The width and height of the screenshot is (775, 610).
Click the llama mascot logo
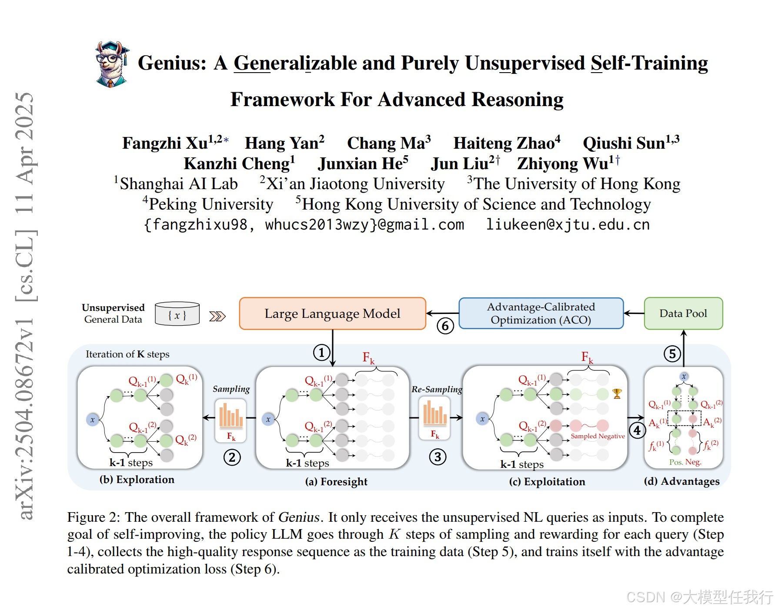[x=112, y=64]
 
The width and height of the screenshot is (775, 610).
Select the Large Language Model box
[x=332, y=313]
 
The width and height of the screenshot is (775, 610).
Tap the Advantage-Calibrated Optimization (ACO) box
[x=541, y=313]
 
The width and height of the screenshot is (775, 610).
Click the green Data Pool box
[x=683, y=313]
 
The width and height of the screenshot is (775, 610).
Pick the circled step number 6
[x=445, y=326]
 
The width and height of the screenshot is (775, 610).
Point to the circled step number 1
[x=321, y=353]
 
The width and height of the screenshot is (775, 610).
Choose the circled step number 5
[x=672, y=354]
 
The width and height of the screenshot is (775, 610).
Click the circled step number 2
[x=232, y=457]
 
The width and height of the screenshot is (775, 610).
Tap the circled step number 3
[x=438, y=457]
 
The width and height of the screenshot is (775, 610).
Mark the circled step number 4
[x=637, y=430]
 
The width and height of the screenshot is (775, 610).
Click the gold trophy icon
[x=617, y=393]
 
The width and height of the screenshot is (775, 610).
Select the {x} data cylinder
[x=177, y=314]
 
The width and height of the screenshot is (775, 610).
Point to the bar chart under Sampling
[x=231, y=416]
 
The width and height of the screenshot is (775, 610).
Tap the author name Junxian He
[x=363, y=164]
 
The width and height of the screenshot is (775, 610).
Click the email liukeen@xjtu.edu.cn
[x=568, y=225]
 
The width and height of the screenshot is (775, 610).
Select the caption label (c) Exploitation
[x=547, y=482]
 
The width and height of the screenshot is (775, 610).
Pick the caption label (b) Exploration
[x=137, y=480]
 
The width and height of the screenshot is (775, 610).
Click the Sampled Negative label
[x=598, y=436]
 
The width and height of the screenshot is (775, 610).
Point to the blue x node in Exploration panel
[x=92, y=420]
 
